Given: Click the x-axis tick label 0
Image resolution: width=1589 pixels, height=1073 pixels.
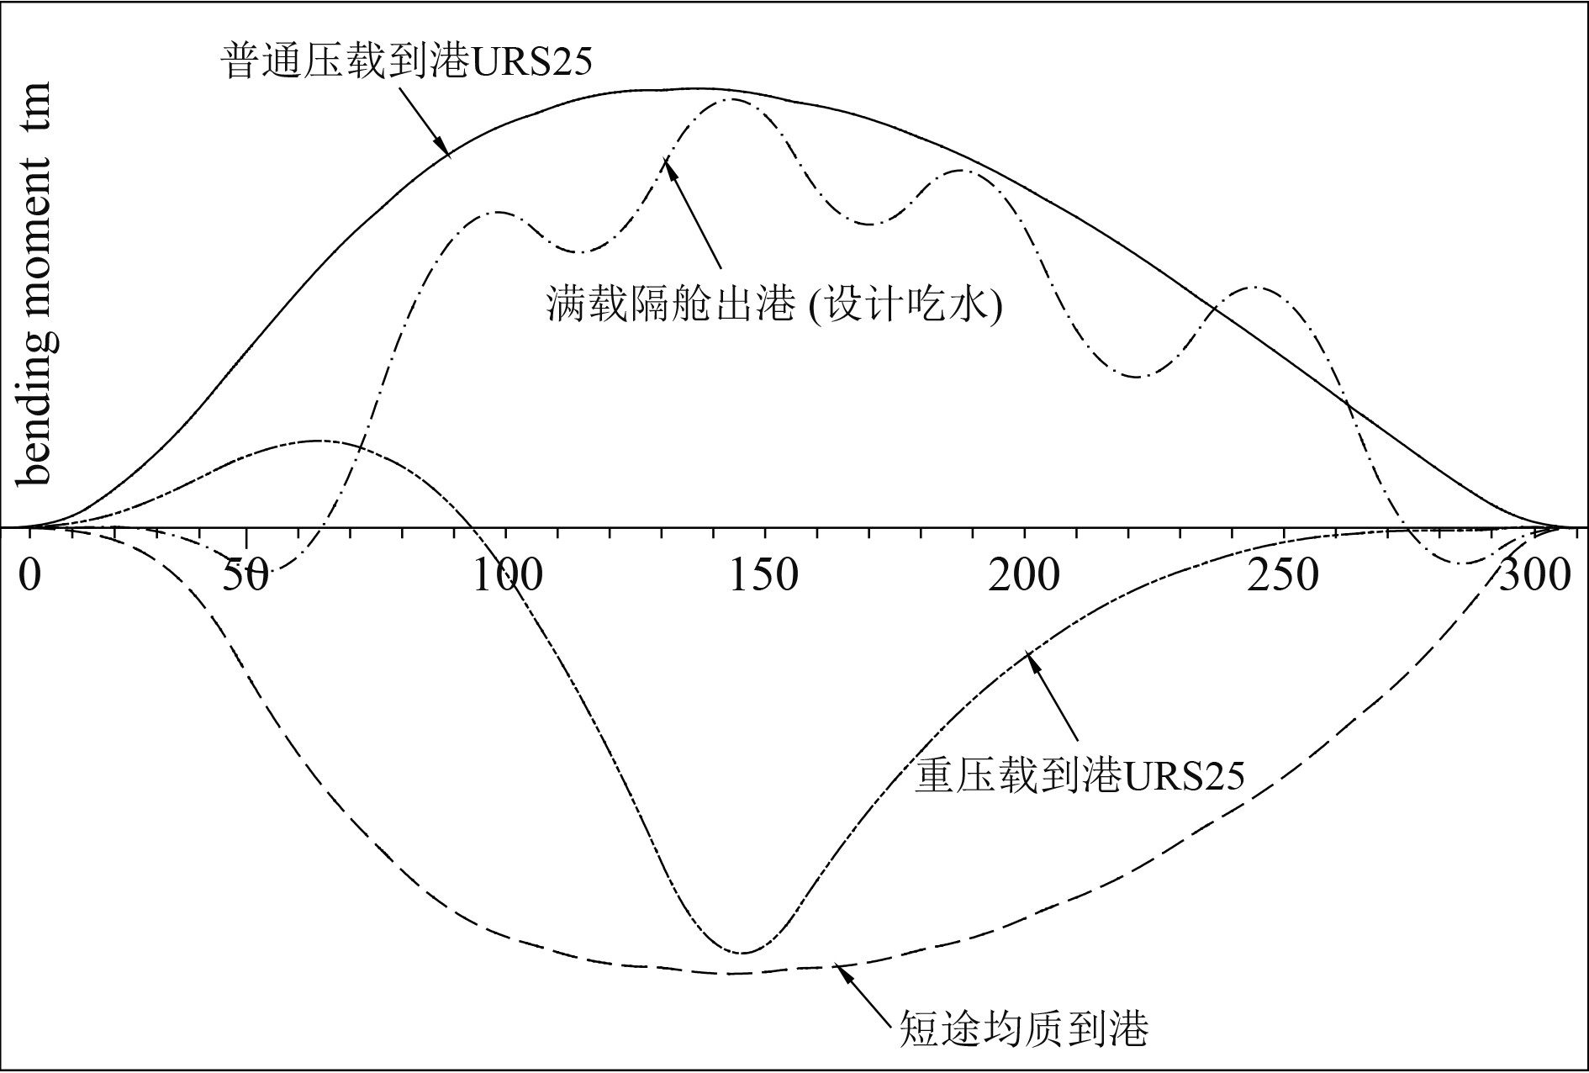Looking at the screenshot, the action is tap(29, 577).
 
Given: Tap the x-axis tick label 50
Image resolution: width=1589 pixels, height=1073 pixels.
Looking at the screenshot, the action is tap(245, 577).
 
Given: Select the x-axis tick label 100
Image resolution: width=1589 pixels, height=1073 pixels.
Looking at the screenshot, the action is tap(506, 577).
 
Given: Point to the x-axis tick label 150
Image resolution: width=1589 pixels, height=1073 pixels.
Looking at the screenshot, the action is tap(763, 577).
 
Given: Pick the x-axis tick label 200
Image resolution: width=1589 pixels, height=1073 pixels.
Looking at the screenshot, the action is tap(1023, 577).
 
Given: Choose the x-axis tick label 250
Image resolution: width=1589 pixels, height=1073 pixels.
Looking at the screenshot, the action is tap(1282, 577).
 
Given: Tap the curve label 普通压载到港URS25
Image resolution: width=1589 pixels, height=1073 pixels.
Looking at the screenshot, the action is tap(407, 61).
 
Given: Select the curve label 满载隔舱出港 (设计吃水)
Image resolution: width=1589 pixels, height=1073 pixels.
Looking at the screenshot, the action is tap(774, 304).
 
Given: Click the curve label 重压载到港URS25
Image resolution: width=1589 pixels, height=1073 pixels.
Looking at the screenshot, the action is tap(1079, 775).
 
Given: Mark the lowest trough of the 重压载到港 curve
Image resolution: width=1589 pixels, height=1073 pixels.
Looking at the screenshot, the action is tap(741, 953).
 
